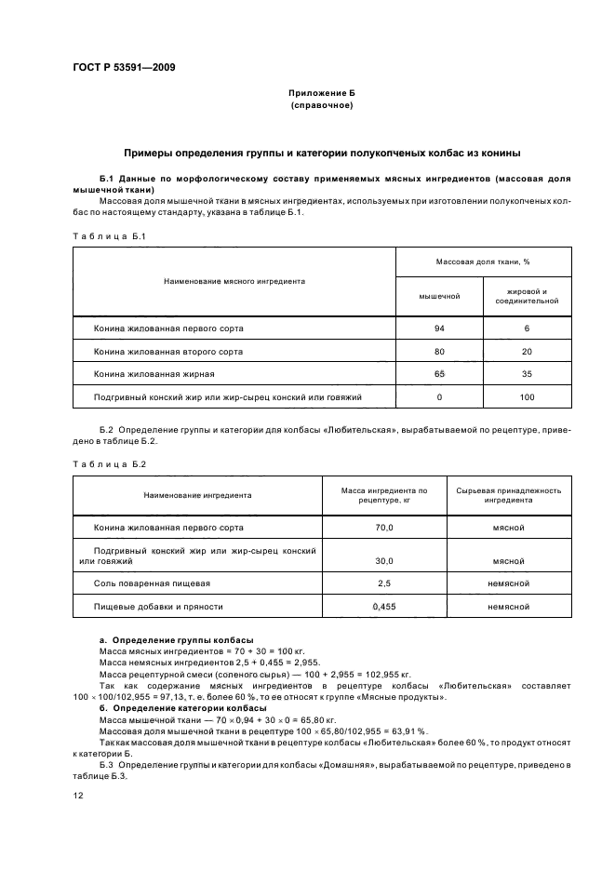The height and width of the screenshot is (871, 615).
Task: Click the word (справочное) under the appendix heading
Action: pyautogui.click(x=322, y=107)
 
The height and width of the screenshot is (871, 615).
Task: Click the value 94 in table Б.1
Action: pyautogui.click(x=439, y=328)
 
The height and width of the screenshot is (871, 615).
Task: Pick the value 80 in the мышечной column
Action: pyautogui.click(x=439, y=352)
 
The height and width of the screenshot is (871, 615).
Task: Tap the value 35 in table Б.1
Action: pyautogui.click(x=526, y=374)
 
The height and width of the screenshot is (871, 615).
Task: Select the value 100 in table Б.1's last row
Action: pyautogui.click(x=526, y=397)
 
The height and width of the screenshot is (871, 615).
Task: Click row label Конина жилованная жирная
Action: pyautogui.click(x=154, y=374)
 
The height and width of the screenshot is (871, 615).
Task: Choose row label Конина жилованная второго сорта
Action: pyautogui.click(x=168, y=352)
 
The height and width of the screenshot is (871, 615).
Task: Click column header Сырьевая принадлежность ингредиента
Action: pyautogui.click(x=508, y=495)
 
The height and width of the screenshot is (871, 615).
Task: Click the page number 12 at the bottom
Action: pyautogui.click(x=78, y=796)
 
